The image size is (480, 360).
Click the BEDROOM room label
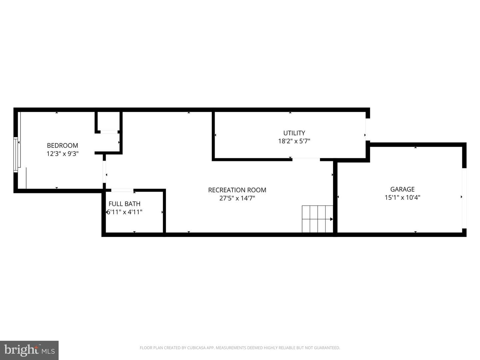(62, 145)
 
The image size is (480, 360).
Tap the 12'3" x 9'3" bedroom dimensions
(62, 154)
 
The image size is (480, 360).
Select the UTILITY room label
(294, 133)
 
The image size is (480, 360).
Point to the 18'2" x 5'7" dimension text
(294, 141)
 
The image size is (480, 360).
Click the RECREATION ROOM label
(237, 190)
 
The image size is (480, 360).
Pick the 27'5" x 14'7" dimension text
(237, 198)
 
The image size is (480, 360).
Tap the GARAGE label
(402, 189)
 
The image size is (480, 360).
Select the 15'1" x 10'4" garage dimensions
(402, 197)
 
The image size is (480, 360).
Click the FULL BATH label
(124, 204)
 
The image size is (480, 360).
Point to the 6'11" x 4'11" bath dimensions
(124, 212)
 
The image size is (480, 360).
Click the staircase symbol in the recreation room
(317, 219)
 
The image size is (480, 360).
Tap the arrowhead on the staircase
(332, 219)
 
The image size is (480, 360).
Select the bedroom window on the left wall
(16, 155)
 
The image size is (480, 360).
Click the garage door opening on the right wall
(464, 198)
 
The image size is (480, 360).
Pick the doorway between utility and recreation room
(306, 159)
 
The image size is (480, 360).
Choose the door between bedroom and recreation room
(104, 172)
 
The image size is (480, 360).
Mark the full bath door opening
(122, 190)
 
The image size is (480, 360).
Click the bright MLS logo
(29, 350)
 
